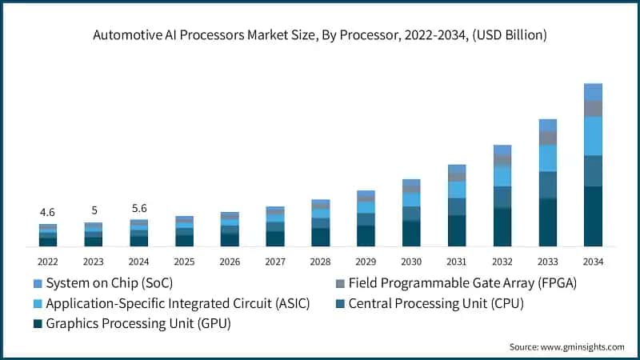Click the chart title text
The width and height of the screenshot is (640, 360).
pos(319,34)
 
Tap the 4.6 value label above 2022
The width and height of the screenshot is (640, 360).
pos(47,213)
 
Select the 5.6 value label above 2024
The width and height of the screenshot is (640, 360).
pos(138,208)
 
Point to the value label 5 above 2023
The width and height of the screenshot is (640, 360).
pos(94,210)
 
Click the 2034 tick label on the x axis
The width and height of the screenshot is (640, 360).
pos(593,262)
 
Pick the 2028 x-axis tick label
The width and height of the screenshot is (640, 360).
pos(320,262)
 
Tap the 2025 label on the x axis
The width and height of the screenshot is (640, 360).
pos(184,262)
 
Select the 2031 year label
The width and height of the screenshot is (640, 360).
pos(456,262)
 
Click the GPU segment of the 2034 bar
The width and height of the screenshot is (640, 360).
pos(593,216)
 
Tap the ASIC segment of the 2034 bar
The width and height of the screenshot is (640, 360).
pos(593,136)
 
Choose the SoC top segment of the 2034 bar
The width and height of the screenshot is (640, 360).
pos(593,91)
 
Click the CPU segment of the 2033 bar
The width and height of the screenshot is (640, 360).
pos(547,185)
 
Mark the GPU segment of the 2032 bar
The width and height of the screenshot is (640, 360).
pos(502,226)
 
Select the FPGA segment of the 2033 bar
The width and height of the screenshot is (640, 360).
pos(547,138)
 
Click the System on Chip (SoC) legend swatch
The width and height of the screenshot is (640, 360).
pos(38,283)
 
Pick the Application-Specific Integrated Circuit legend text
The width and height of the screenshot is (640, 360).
pos(178,303)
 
